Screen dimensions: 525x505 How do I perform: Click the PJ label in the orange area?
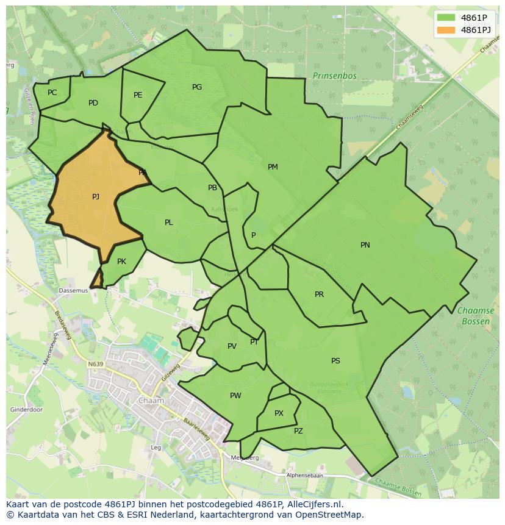(96, 197)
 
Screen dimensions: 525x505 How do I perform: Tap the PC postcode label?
(52, 93)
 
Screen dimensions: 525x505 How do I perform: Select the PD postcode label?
(93, 103)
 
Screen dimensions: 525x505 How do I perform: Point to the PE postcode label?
(138, 95)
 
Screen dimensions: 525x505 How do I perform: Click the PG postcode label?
(197, 87)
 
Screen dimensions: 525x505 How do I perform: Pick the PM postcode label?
(273, 167)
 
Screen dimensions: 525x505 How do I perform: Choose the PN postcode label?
(365, 245)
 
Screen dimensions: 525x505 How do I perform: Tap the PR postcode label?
(319, 295)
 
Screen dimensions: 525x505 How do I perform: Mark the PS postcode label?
(335, 361)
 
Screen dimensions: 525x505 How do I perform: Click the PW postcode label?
(235, 396)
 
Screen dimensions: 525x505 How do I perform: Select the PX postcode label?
(279, 413)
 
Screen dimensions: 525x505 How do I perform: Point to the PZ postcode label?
(298, 431)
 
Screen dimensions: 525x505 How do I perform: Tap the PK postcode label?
(121, 262)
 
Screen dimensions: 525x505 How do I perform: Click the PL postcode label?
(169, 223)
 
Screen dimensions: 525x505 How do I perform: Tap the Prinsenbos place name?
(334, 76)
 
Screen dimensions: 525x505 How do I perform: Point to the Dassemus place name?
(73, 291)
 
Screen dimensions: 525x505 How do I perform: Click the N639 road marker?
(95, 364)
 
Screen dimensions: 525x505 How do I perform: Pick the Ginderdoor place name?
(26, 410)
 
